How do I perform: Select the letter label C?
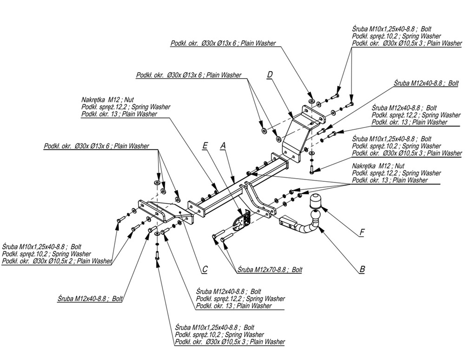coord(205,269)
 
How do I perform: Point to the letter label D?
coord(270,75)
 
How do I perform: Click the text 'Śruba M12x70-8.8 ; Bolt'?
coord(269,269)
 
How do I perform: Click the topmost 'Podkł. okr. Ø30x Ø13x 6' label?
coord(223,43)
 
